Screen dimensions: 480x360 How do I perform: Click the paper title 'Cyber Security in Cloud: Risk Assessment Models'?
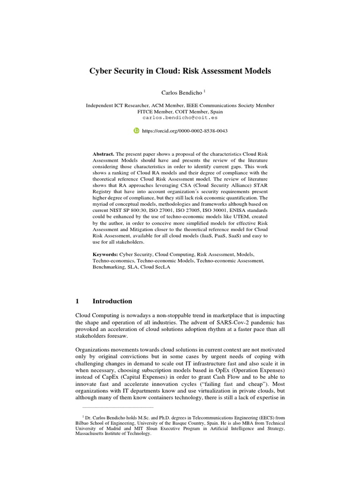(180, 72)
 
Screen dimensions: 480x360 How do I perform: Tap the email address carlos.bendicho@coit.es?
(180, 118)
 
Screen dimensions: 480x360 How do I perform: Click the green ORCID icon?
(136, 131)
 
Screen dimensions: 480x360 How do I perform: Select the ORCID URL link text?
(185, 131)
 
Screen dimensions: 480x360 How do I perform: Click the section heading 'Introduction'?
(112, 301)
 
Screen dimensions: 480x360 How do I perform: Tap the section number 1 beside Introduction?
(77, 301)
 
